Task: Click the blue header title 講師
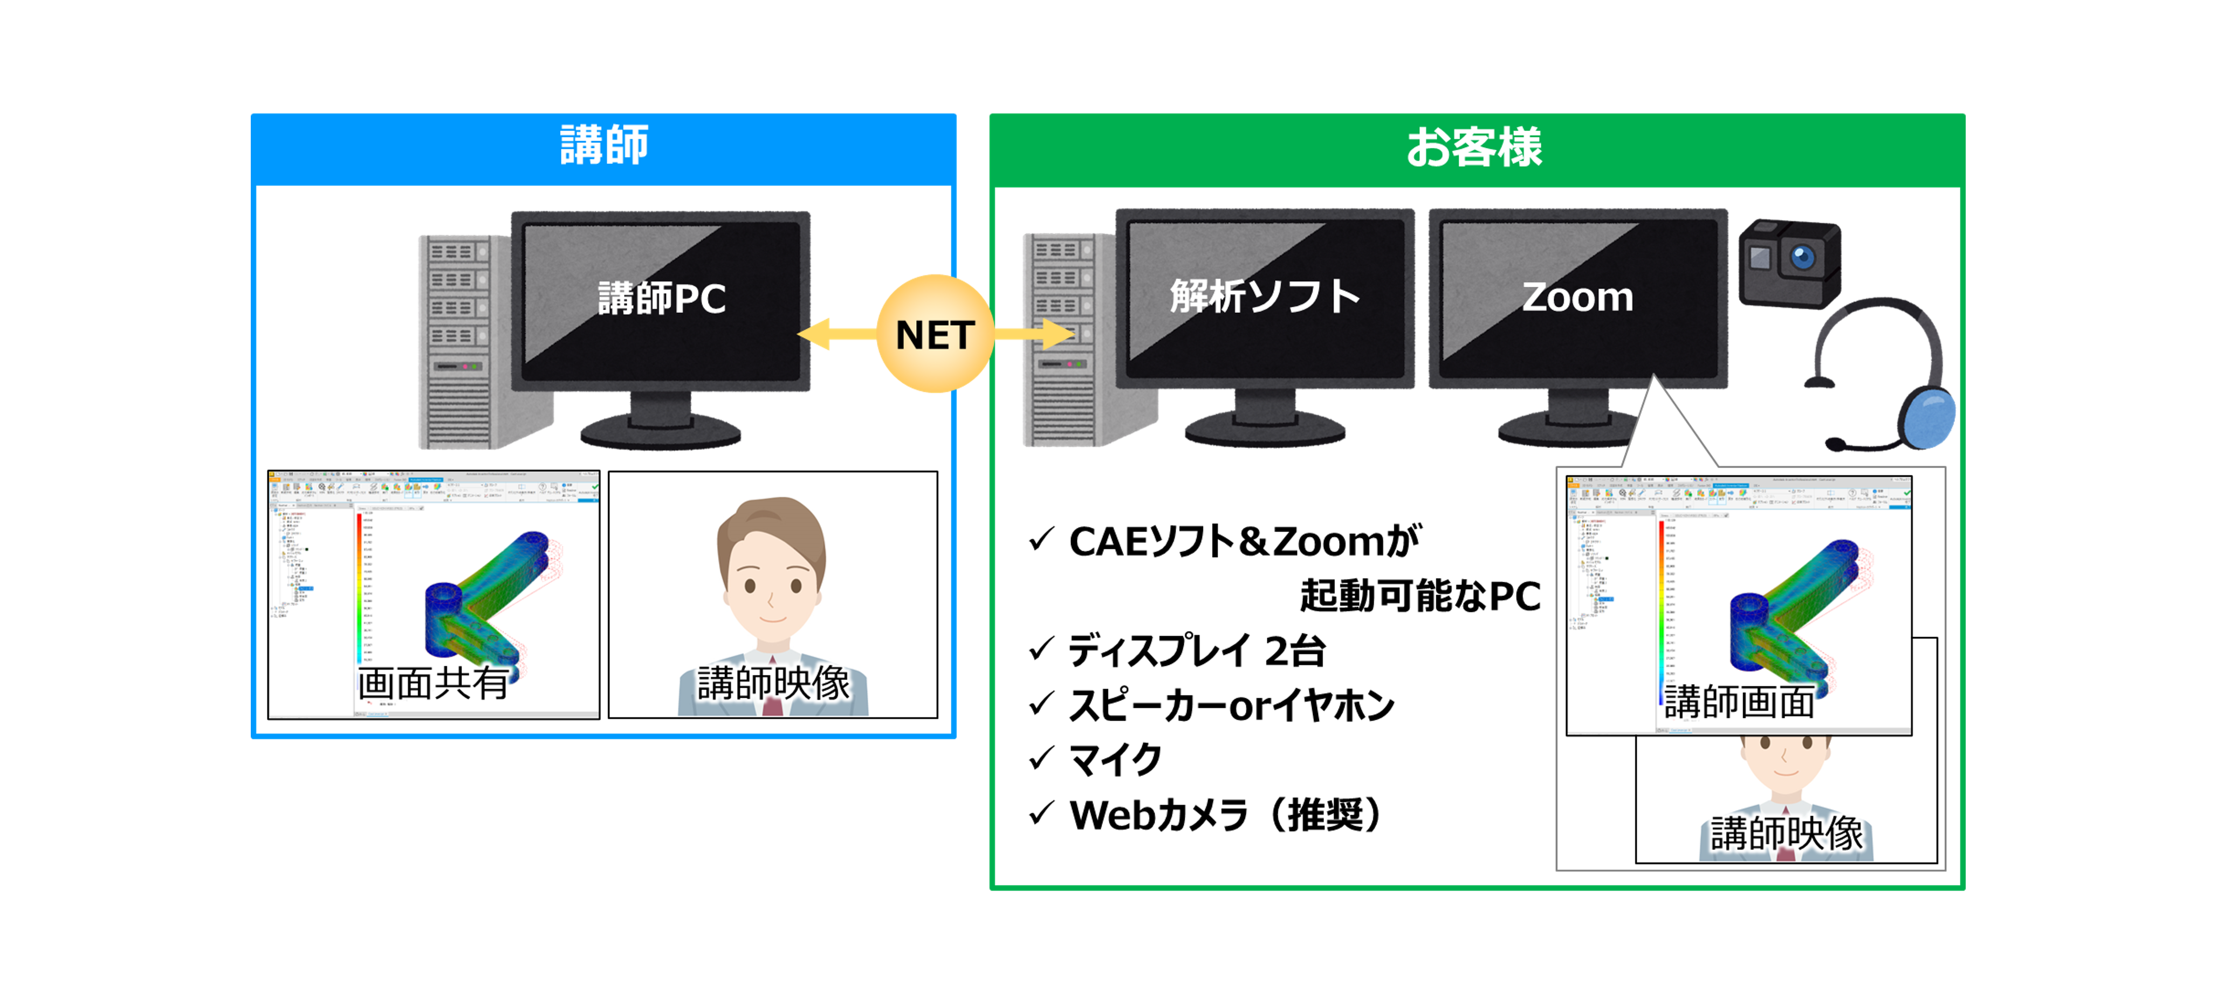click(x=604, y=146)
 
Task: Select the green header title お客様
click(x=1474, y=147)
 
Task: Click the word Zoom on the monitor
click(x=1577, y=297)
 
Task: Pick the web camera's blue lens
click(x=1802, y=257)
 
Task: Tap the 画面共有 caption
click(x=433, y=684)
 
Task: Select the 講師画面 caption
click(x=1739, y=701)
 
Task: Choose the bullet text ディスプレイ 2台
click(x=1196, y=651)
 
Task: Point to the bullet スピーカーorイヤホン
click(x=1231, y=706)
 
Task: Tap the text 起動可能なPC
click(x=1420, y=596)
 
